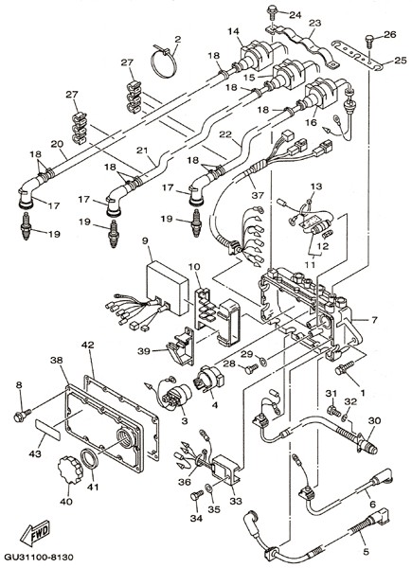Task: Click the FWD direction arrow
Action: (35, 532)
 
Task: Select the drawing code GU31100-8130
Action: (39, 557)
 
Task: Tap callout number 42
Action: (88, 345)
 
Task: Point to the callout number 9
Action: (145, 240)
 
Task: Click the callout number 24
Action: (296, 15)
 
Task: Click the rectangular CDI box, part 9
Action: (168, 288)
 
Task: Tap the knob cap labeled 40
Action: (70, 470)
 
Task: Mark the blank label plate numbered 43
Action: (48, 429)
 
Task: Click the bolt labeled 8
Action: (23, 416)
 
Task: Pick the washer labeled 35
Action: (209, 488)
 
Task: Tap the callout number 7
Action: (374, 320)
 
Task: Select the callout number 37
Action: (259, 196)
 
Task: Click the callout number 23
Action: (315, 23)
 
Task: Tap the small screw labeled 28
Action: (252, 368)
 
